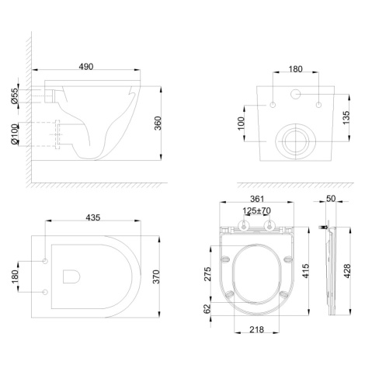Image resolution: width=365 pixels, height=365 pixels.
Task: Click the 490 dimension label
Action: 86,67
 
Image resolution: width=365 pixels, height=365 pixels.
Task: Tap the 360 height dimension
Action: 158,123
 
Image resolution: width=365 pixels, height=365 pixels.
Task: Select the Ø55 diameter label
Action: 15,96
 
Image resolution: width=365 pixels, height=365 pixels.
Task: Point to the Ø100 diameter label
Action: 15,134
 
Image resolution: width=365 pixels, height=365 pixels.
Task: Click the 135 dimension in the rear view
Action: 346,117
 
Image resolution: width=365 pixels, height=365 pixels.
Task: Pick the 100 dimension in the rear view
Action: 241,123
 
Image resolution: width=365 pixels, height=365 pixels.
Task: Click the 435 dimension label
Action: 93,217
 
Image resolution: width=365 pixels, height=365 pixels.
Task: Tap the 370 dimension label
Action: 156,276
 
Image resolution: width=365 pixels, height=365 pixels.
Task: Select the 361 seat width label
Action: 257,199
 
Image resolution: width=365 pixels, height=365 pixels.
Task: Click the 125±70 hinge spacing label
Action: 256,210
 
